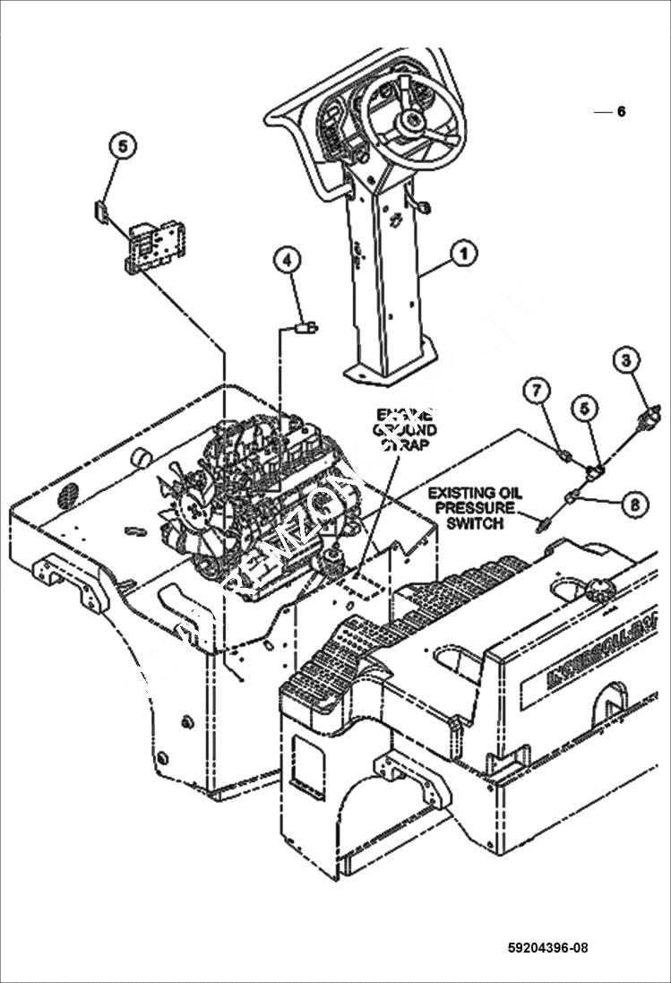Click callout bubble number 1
[x=462, y=254]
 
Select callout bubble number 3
[x=627, y=360]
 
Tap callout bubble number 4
[x=287, y=260]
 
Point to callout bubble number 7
[x=537, y=390]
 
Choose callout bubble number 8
[x=634, y=504]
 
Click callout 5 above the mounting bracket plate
[x=123, y=145]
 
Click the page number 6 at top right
[x=621, y=112]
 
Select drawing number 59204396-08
[x=547, y=948]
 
